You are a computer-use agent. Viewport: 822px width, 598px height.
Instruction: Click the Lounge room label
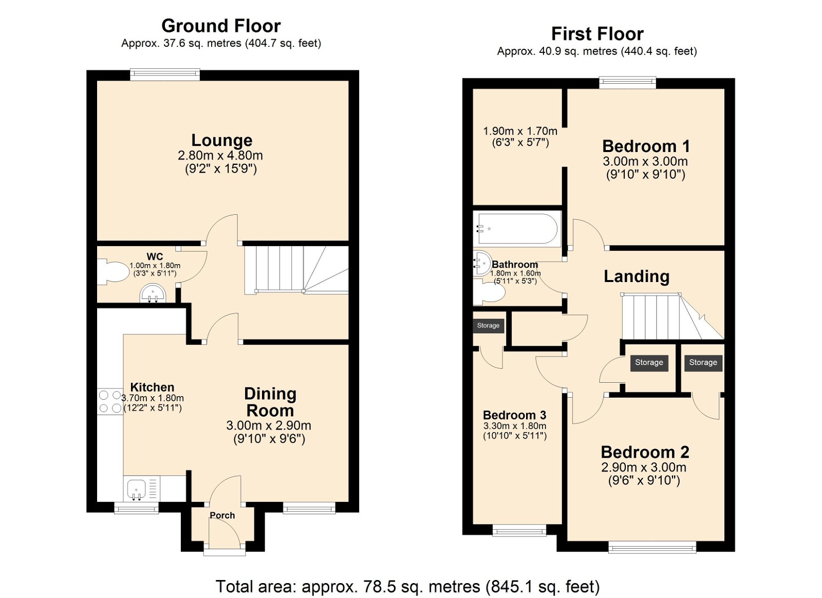pos(221,140)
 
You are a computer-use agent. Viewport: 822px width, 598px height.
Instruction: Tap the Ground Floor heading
pos(221,26)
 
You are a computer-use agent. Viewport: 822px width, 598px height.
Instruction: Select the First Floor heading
pos(597,34)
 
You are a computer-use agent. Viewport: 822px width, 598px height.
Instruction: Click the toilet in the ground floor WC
pos(114,272)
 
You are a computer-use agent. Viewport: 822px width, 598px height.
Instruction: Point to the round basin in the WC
pos(153,293)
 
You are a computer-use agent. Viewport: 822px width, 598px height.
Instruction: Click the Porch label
pos(222,515)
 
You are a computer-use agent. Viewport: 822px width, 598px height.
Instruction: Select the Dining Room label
pos(270,402)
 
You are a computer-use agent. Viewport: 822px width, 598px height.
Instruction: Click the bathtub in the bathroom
pos(516,229)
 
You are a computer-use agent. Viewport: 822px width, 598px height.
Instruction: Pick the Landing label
pos(636,276)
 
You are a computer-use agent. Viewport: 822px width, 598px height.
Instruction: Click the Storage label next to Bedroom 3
pos(488,325)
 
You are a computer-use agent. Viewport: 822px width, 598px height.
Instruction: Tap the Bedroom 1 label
pos(646,146)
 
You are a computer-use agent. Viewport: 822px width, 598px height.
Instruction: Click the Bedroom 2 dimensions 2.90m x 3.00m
pos(644,468)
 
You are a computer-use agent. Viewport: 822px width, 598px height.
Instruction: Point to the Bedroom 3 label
pos(514,415)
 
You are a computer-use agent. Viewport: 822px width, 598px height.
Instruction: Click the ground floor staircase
pos(295,269)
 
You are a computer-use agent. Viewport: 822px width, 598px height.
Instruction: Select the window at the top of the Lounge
pos(165,75)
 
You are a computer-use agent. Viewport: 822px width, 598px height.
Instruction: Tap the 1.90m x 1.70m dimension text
pos(520,132)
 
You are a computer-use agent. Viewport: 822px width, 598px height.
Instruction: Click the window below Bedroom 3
pos(519,530)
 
